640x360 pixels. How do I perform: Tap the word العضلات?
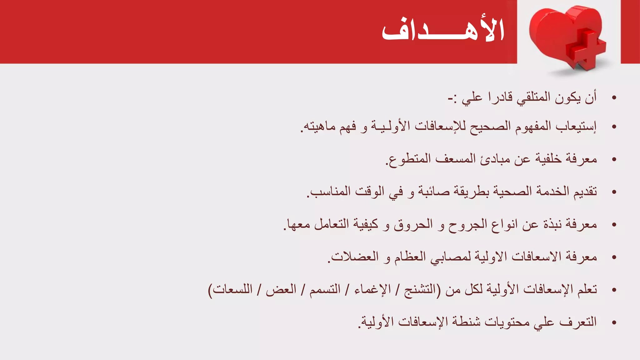[354, 257]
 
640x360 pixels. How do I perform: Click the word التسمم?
[325, 289]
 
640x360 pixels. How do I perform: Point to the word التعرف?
[578, 322]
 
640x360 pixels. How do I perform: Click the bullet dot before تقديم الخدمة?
[614, 192]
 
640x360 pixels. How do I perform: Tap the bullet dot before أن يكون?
[614, 98]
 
